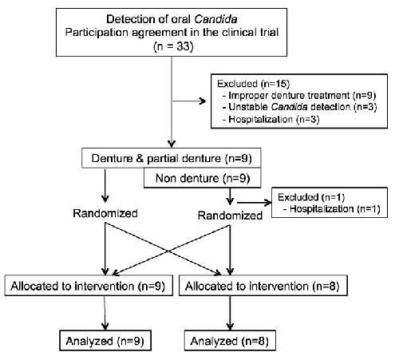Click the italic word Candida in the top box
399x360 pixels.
pos(215,19)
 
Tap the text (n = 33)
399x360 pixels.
pos(173,46)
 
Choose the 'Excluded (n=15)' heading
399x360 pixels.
pos(253,84)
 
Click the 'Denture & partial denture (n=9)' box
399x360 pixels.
pos(172,158)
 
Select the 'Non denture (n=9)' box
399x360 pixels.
pos(203,178)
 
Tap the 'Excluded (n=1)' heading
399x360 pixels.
pos(311,197)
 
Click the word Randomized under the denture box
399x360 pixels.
pos(105,213)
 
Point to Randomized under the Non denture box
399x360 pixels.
pos(230,216)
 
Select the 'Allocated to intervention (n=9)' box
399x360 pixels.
pos(89,286)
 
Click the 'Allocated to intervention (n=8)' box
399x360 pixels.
pos(263,286)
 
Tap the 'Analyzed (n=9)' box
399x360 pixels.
pos(105,341)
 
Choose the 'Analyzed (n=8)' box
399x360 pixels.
pos(230,341)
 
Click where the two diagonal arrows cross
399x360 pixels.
pos(168,251)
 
